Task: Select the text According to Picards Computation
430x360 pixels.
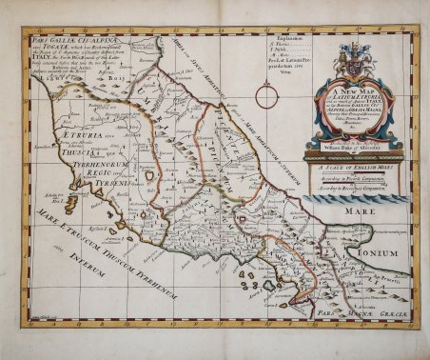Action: click(354, 177)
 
